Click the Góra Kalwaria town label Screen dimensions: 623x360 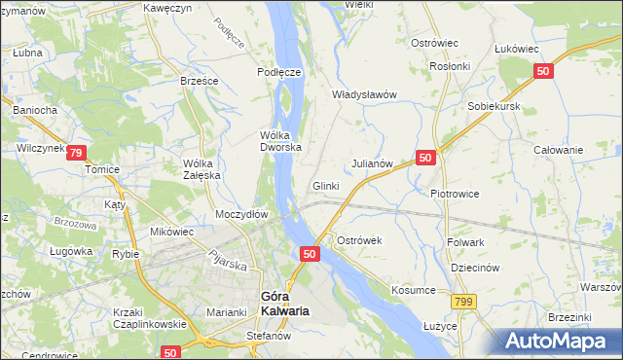pos(284,304)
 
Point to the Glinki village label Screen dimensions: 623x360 pos(325,186)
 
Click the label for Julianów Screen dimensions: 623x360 pos(371,163)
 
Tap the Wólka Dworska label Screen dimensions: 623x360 pos(280,141)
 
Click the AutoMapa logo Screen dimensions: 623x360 pos(561,342)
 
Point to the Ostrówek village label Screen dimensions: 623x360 pos(360,239)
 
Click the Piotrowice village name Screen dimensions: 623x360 pos(456,193)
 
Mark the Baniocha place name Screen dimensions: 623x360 pos(34,110)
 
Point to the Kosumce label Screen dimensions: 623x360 pos(414,290)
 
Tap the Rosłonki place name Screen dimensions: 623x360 pos(450,66)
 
